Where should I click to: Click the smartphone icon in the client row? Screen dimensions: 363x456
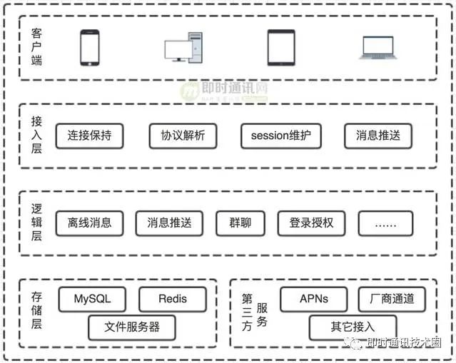(x=90, y=47)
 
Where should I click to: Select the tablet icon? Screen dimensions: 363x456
(x=280, y=47)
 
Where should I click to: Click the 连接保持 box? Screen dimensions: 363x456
(x=89, y=136)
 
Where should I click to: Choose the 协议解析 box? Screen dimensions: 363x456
(x=183, y=136)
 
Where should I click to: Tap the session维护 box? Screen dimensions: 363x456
(x=281, y=136)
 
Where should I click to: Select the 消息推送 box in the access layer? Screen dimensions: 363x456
(x=378, y=136)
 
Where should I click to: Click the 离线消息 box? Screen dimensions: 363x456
(x=89, y=223)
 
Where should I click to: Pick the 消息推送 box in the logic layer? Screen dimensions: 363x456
(x=169, y=223)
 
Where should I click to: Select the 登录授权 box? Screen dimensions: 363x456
(x=311, y=223)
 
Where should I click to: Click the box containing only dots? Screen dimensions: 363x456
(x=385, y=223)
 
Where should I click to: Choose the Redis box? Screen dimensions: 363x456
(x=172, y=299)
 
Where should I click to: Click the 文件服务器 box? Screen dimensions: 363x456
(x=131, y=327)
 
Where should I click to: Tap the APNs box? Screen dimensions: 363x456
(x=314, y=299)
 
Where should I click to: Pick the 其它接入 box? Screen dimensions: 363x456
(x=353, y=327)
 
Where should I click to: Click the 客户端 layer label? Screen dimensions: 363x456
(x=37, y=47)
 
